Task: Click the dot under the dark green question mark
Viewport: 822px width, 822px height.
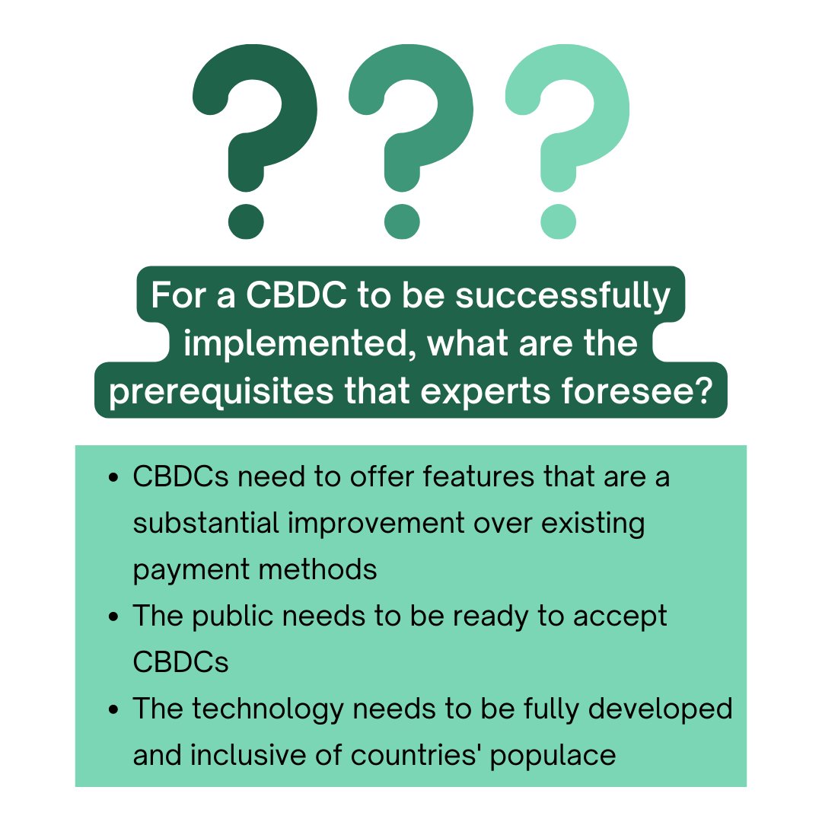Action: pyautogui.click(x=246, y=221)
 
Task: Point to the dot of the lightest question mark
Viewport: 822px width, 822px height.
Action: pyautogui.click(x=559, y=221)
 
